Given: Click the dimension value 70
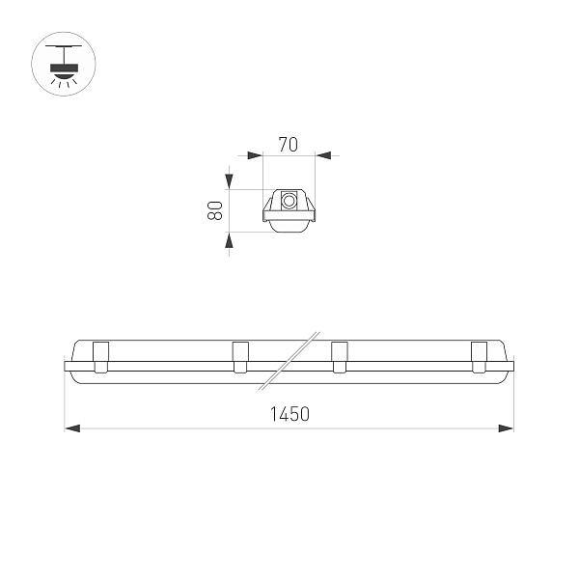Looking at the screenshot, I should (x=287, y=146).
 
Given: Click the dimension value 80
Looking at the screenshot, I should (x=216, y=209).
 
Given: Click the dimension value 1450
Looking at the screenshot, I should (x=289, y=415).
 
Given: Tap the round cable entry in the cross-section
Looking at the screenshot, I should (x=289, y=202).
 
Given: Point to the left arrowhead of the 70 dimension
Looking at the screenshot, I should (x=256, y=153).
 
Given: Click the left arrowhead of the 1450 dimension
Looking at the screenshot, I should (x=72, y=427).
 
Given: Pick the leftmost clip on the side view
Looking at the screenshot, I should (x=100, y=356).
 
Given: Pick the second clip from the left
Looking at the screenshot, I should (x=240, y=356).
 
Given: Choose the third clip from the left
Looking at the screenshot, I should (x=339, y=356).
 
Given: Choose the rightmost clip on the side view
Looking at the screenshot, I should (x=479, y=356).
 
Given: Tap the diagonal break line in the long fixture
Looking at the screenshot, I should (x=289, y=362).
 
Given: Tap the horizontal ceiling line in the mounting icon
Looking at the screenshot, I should (x=65, y=44).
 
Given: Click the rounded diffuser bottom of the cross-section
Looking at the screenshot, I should (x=289, y=225).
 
